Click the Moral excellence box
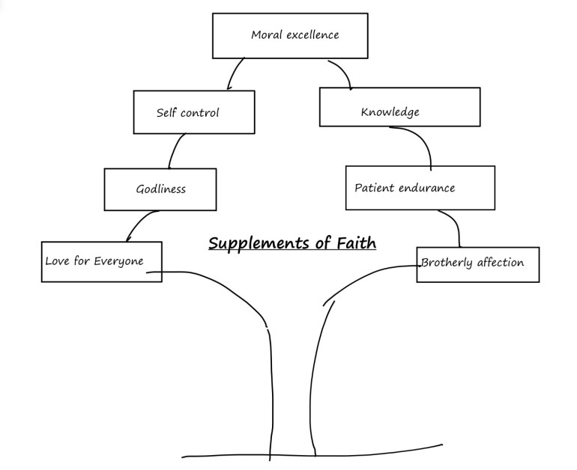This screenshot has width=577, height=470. coord(290,35)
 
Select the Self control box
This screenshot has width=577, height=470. coord(193,112)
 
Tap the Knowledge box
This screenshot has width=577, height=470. coord(399,106)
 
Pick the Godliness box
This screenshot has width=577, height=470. coord(160,189)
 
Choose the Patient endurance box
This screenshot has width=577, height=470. coord(420,187)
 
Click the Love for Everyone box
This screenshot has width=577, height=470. coord(101,261)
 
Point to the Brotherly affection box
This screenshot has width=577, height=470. coord(477,264)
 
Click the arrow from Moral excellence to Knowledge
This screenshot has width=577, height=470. coord(342,70)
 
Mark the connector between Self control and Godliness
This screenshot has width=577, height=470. coord(175,150)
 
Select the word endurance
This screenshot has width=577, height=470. coord(426,187)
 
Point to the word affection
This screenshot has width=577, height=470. coord(500,263)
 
